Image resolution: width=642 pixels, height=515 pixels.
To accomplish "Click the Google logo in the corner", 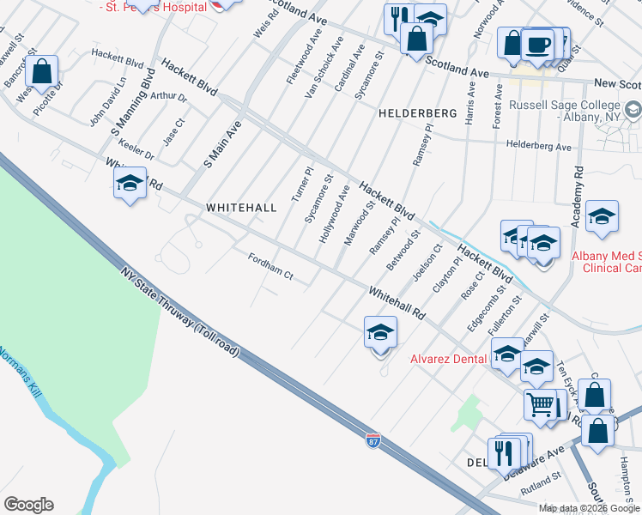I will [x=28, y=505].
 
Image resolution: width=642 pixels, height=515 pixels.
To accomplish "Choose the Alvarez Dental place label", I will [x=449, y=359].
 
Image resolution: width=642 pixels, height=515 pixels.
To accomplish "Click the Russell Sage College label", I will [x=569, y=111].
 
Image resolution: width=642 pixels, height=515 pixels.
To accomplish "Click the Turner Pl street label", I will [x=300, y=183].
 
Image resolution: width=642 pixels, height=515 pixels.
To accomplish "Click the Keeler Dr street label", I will [x=138, y=149].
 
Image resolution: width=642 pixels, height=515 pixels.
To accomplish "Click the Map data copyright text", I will [x=590, y=508].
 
